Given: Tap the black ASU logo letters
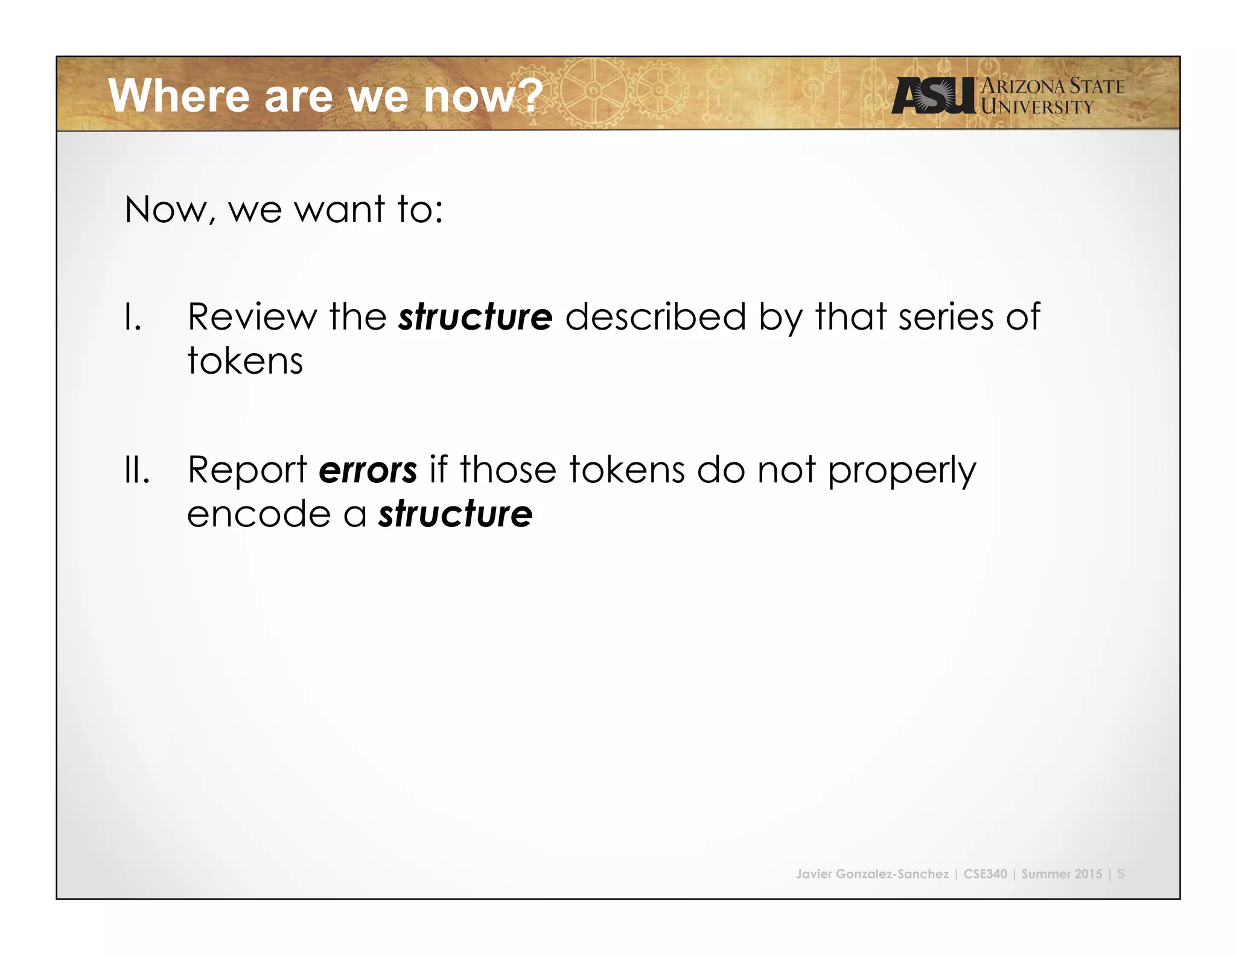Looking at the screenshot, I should pyautogui.click(x=933, y=96).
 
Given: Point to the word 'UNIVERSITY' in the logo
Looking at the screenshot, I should pyautogui.click(x=1037, y=107).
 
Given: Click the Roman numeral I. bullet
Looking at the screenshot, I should pyautogui.click(x=133, y=318).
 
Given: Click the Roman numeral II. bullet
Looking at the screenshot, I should pyautogui.click(x=136, y=470).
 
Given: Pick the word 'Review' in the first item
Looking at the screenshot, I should pyautogui.click(x=252, y=317).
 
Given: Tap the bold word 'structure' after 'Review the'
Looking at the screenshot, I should pyautogui.click(x=475, y=317).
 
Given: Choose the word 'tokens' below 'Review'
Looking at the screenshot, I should pyautogui.click(x=245, y=361).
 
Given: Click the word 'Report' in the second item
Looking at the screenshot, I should pyautogui.click(x=247, y=470).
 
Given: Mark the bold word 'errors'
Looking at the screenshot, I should pyautogui.click(x=368, y=470).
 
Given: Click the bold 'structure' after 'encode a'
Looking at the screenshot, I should pyautogui.click(x=455, y=514).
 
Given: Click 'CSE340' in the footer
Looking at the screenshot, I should pyautogui.click(x=985, y=874).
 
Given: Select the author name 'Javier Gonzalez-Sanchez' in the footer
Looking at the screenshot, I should pyautogui.click(x=872, y=874).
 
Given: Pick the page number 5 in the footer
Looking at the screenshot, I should pyautogui.click(x=1121, y=874).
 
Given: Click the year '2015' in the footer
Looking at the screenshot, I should pyautogui.click(x=1088, y=874).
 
